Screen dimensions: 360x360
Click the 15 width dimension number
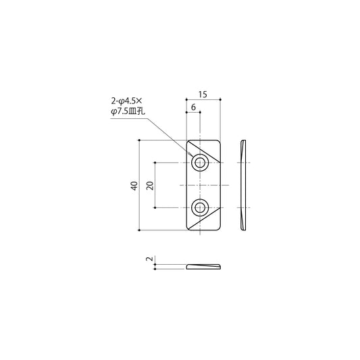[203, 95]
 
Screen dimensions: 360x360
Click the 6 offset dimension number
[193, 107]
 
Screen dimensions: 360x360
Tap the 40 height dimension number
[134, 186]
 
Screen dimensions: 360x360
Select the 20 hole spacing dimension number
[150, 186]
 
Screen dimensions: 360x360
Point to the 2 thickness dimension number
[149, 259]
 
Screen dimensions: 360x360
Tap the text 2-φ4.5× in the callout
[127, 101]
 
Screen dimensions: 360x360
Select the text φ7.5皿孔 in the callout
[128, 111]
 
